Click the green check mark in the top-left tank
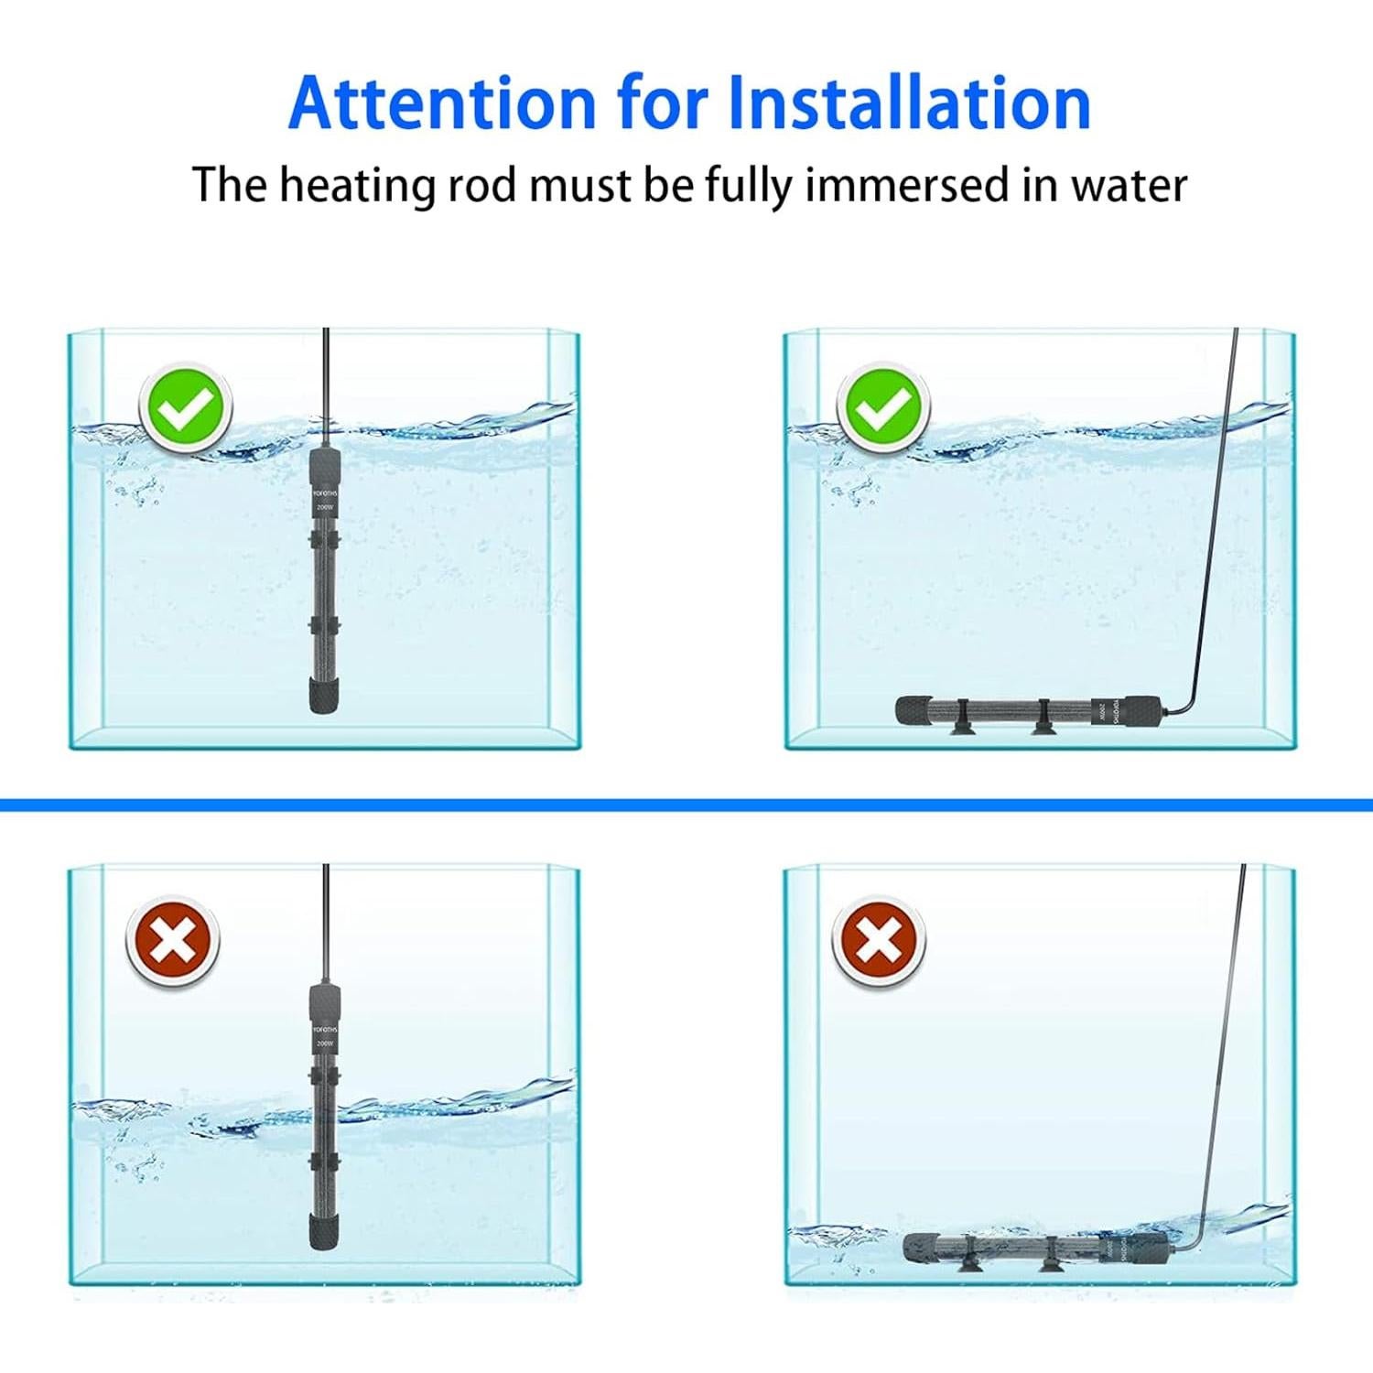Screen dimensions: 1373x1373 (186, 408)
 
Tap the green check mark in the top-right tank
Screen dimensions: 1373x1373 (882, 408)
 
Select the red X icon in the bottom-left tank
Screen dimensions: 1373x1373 (172, 942)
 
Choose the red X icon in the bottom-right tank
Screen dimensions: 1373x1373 (878, 942)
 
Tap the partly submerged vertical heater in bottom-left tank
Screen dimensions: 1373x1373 (324, 1117)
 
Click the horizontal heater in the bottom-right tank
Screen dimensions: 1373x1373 (1035, 1247)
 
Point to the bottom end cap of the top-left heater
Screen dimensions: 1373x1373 (324, 694)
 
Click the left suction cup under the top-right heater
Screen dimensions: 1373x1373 (961, 729)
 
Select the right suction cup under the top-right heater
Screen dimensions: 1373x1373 (1043, 729)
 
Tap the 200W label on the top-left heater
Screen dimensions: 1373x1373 (325, 506)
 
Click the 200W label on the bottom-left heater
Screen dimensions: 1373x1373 (325, 1043)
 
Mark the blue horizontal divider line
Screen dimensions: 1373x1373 (686, 805)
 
